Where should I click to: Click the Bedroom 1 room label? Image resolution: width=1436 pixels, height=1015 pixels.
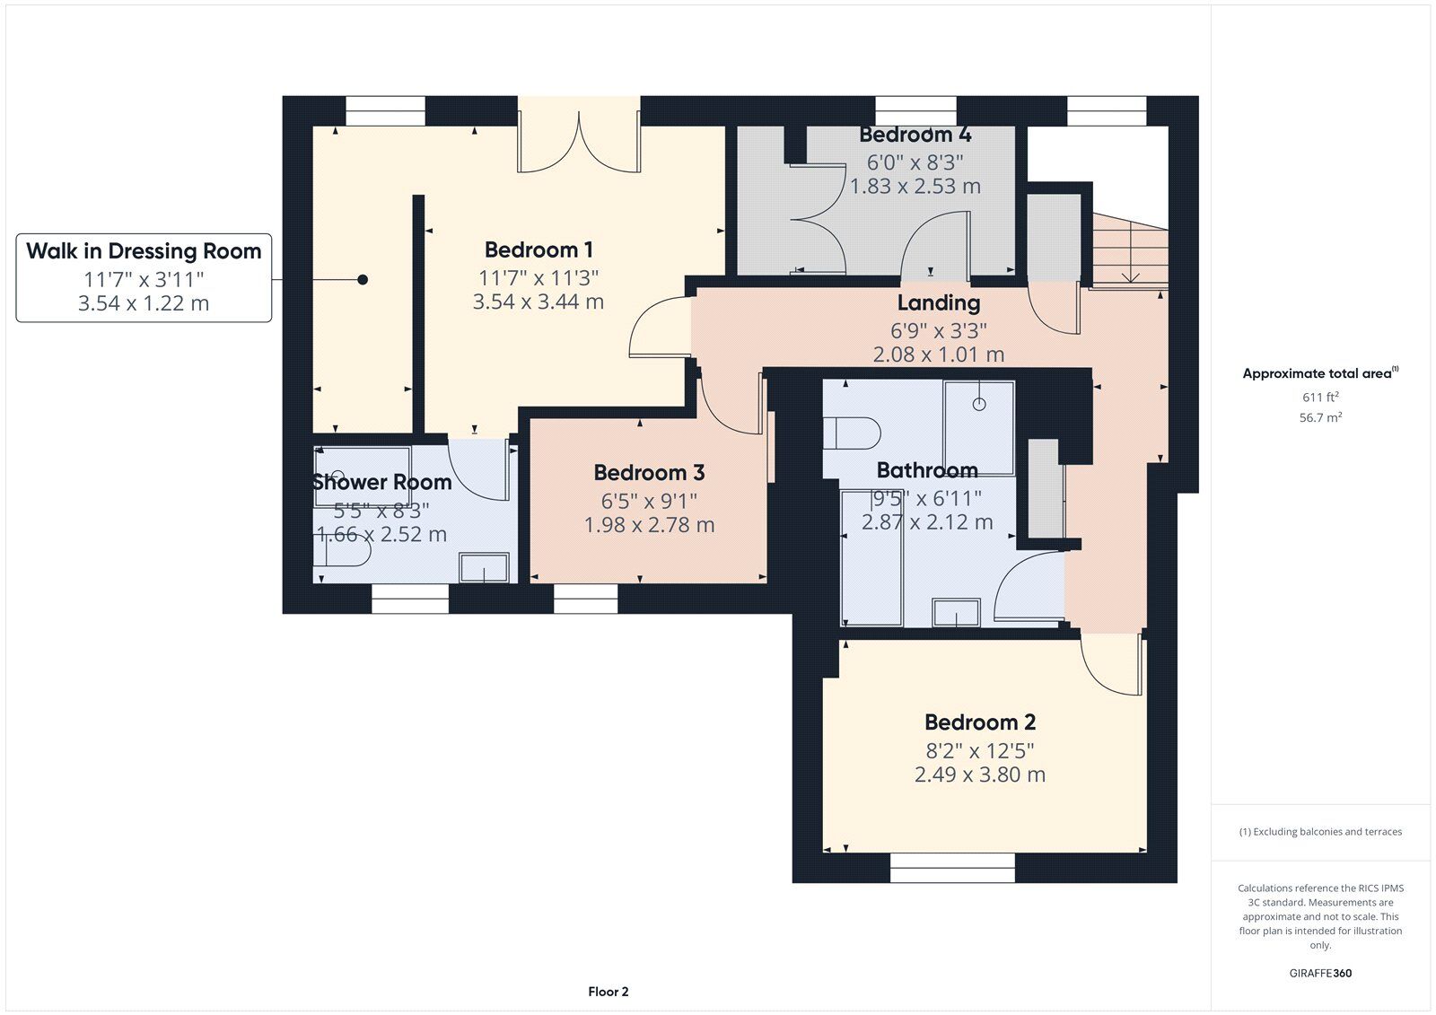point(538,249)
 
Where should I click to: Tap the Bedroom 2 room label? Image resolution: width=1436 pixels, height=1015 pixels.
point(980,722)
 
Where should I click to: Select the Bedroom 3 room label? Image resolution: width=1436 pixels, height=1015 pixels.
point(650,473)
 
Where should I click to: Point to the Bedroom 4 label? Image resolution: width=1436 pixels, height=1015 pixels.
point(915,135)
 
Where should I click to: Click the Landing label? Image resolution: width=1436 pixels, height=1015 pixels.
point(939,303)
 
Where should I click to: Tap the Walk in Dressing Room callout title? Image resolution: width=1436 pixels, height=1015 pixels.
point(144,250)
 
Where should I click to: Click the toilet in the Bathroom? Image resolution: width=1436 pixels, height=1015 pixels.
point(852,433)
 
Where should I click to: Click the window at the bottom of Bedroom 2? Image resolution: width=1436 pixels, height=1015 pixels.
point(952,868)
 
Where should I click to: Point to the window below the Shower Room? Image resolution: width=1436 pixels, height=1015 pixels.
point(410,599)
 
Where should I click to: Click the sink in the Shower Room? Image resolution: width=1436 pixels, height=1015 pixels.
point(484,567)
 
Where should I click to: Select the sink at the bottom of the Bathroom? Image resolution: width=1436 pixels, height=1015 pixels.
point(957,612)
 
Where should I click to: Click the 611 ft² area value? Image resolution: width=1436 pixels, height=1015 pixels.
point(1320,397)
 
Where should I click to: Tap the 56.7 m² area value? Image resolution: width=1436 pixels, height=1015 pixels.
point(1320,417)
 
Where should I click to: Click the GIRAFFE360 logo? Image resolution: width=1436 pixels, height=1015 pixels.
point(1320,973)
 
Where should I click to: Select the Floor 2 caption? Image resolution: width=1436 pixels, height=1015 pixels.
point(609,992)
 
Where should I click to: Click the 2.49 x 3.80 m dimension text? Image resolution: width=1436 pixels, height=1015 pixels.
point(980,774)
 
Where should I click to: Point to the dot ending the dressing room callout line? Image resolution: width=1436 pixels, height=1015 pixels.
point(363,280)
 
